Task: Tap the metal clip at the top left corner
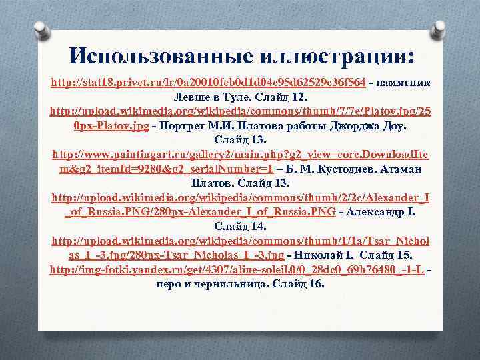pyautogui.click(x=42, y=31)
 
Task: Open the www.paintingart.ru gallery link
pyautogui.click(x=240, y=154)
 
